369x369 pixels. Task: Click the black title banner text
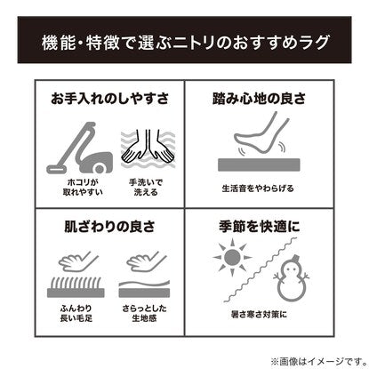tap(186, 43)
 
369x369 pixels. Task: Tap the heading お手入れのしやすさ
tap(109, 99)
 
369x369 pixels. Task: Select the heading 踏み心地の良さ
tap(259, 99)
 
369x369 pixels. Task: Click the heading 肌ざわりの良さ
tap(109, 227)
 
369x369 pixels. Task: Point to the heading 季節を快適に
tap(259, 227)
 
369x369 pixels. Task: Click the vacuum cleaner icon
tap(80, 148)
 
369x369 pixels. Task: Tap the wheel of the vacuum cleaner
tap(100, 169)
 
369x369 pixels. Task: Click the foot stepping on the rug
tap(261, 133)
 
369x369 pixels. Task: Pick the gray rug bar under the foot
tap(259, 164)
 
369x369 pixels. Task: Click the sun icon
tap(232, 258)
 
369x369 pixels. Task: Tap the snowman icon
tap(291, 277)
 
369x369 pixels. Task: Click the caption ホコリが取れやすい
tap(83, 187)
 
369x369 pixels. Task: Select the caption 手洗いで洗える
tap(146, 187)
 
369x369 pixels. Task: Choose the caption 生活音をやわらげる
tap(258, 189)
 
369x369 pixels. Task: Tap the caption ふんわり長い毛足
tap(76, 313)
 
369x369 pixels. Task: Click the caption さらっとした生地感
tap(144, 313)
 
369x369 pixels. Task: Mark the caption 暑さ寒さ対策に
tap(259, 314)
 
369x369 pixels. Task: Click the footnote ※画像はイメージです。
tap(318, 361)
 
